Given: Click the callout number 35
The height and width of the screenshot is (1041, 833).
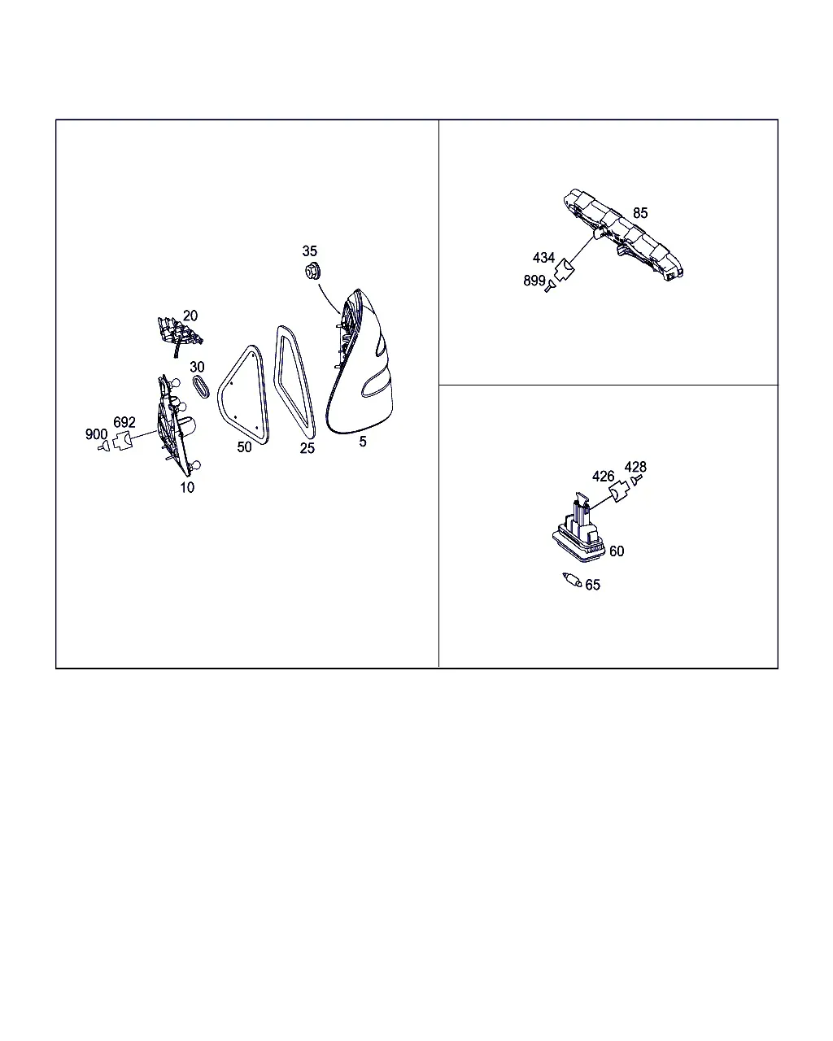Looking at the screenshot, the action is pyautogui.click(x=309, y=250).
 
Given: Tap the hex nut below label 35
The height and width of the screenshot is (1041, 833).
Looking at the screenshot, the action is pyautogui.click(x=312, y=271).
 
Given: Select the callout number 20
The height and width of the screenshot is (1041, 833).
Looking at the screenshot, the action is pyautogui.click(x=190, y=316).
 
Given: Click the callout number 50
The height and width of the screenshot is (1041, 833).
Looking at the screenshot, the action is pyautogui.click(x=244, y=447).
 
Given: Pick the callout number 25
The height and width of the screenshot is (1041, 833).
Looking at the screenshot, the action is pyautogui.click(x=307, y=448).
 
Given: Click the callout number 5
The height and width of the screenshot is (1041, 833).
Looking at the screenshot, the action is pyautogui.click(x=363, y=441).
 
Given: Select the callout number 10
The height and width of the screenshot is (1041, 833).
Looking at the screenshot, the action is pyautogui.click(x=187, y=487).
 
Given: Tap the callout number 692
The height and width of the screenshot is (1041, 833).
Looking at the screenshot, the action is pyautogui.click(x=124, y=422).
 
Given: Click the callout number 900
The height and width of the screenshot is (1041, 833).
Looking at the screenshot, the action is pyautogui.click(x=96, y=434).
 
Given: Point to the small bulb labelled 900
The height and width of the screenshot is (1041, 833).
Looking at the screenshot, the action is pyautogui.click(x=103, y=446).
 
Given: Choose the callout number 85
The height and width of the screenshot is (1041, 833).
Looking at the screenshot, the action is pyautogui.click(x=640, y=213).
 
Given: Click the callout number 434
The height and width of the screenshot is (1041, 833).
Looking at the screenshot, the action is pyautogui.click(x=543, y=257).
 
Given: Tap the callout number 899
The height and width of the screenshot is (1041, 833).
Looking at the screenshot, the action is pyautogui.click(x=534, y=281).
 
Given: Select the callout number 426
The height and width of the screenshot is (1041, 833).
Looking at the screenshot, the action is pyautogui.click(x=603, y=477).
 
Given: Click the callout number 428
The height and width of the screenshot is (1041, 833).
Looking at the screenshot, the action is pyautogui.click(x=635, y=467).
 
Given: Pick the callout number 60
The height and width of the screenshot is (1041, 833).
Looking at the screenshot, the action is pyautogui.click(x=617, y=551).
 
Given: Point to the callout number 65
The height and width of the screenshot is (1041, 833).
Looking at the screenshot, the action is pyautogui.click(x=592, y=585).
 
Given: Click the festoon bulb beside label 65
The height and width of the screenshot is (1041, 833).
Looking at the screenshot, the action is pyautogui.click(x=572, y=580).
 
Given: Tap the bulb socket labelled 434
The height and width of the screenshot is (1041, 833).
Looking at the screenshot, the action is pyautogui.click(x=564, y=270).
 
